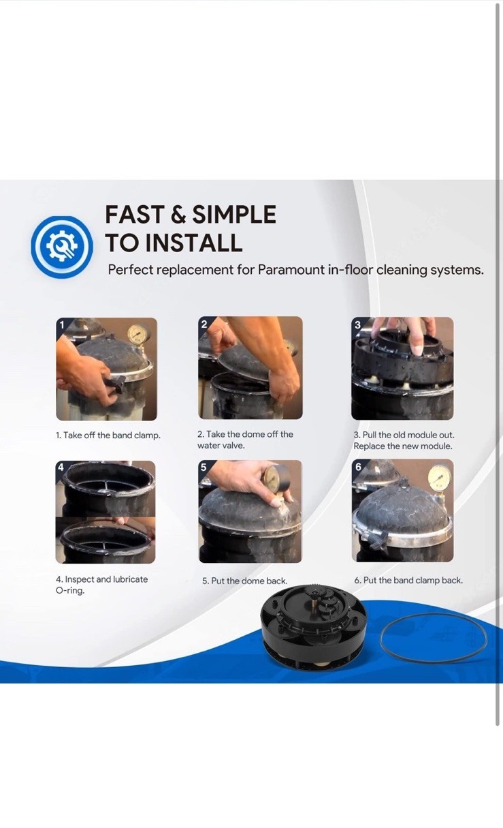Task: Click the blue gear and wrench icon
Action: pos(62,247)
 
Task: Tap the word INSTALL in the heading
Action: pos(194,243)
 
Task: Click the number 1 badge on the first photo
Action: pos(62,324)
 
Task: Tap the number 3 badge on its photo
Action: pos(357,324)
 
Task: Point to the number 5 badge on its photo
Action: pos(204,467)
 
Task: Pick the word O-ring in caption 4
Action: pos(70,590)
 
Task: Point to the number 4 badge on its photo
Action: pos(61,467)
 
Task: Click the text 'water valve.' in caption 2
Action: pos(221,446)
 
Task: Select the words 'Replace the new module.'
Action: pos(403,446)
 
